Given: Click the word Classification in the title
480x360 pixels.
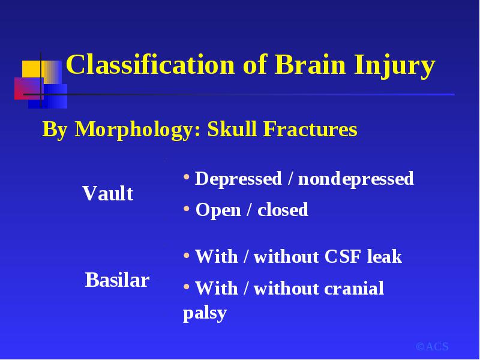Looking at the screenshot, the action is [151, 65].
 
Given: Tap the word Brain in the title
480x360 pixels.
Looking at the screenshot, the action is [310, 65].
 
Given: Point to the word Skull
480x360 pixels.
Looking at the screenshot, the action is [232, 128].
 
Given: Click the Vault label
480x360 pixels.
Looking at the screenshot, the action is [108, 193].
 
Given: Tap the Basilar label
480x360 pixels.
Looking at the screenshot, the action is [117, 280].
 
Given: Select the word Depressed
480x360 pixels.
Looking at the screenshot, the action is [238, 179].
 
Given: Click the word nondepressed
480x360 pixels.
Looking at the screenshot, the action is [356, 179].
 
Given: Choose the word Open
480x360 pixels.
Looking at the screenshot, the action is [218, 211].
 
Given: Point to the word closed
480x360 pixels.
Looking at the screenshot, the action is [283, 209].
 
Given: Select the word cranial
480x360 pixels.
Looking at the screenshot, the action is [353, 288].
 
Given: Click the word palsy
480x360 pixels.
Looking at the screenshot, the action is [205, 313].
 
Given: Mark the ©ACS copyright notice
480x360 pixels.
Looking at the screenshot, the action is [432, 347].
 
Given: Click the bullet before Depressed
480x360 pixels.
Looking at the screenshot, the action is [187, 177].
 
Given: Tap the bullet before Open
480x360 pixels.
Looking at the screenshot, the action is [187, 209].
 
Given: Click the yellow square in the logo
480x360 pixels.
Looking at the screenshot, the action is [33, 69].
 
